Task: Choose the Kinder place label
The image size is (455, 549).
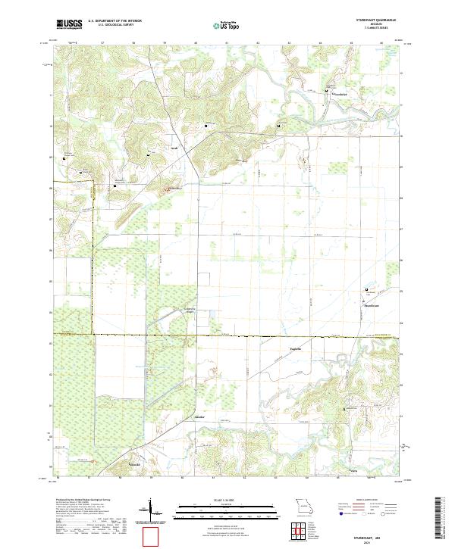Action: (200, 417)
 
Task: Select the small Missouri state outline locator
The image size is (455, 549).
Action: (304, 505)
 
